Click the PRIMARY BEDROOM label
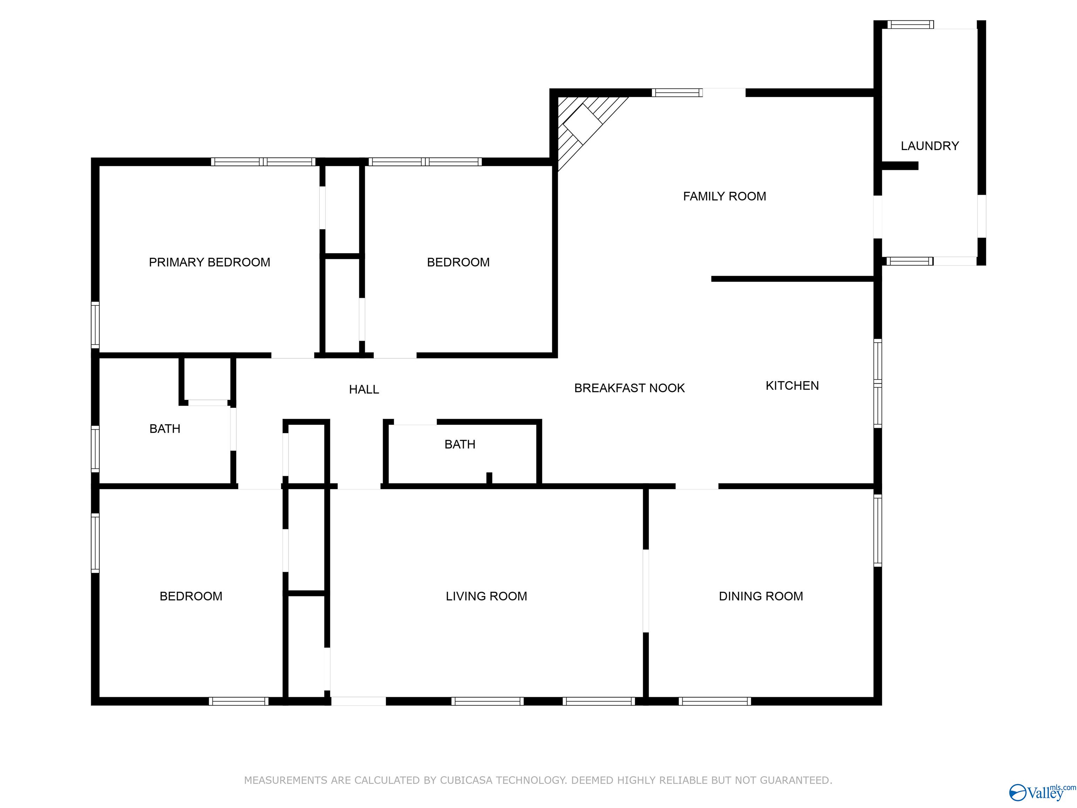point(209,263)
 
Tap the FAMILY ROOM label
point(725,196)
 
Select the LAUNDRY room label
point(929,146)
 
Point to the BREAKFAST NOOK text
point(630,388)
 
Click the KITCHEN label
point(792,386)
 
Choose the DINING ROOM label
point(761,596)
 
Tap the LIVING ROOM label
point(486,596)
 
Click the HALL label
point(364,390)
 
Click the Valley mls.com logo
point(1042,792)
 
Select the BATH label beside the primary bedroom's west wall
point(164,429)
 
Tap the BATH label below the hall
point(460,445)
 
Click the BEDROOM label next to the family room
point(458,263)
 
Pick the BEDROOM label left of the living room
point(191,596)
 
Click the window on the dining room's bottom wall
point(715,701)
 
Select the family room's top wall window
point(677,93)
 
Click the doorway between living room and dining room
point(646,591)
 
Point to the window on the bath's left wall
point(95,449)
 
